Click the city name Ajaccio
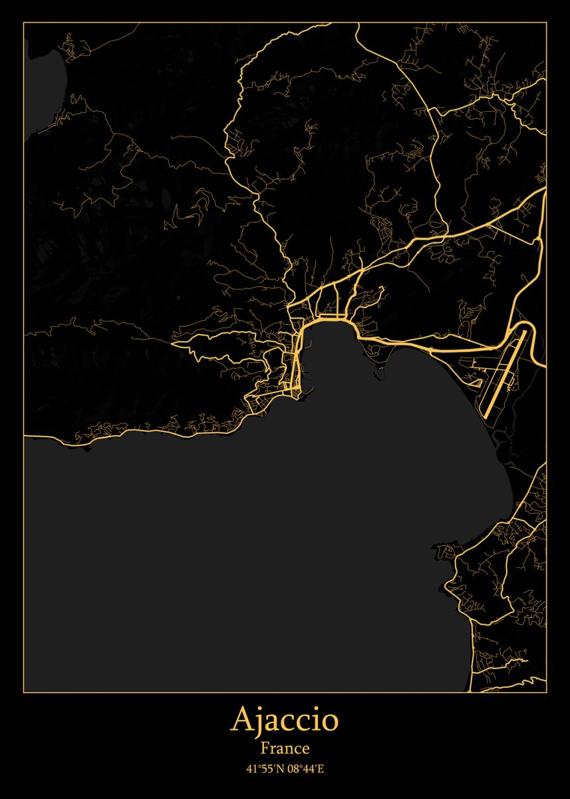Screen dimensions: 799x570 point(285,720)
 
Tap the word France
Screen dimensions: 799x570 point(285,748)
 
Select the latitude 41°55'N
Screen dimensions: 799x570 point(265,769)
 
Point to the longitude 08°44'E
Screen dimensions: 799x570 point(305,769)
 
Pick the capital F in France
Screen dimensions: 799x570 point(265,748)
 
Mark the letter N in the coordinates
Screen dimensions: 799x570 point(280,769)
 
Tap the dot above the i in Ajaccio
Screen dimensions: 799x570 point(313,710)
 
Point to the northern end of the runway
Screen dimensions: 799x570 point(524,329)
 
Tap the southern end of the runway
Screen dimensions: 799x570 point(486,415)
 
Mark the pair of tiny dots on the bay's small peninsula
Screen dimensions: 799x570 point(380,366)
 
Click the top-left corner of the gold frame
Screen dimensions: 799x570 point(24,23)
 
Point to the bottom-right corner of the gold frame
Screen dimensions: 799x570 point(546,692)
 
